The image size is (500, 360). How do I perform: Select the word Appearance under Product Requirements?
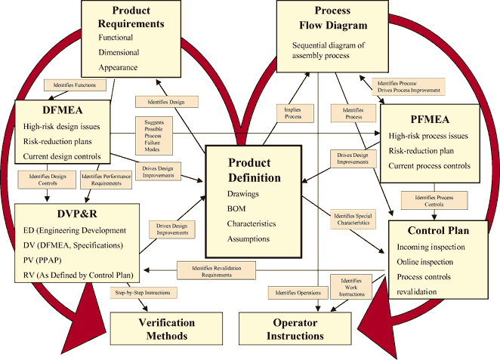pyautogui.click(x=118, y=67)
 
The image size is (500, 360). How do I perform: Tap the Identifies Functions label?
pyautogui.click(x=75, y=85)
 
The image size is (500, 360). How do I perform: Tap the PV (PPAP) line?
pyautogui.click(x=45, y=260)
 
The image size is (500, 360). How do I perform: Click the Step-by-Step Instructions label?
pyautogui.click(x=142, y=292)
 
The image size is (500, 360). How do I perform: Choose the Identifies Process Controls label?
pyautogui.click(x=427, y=201)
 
